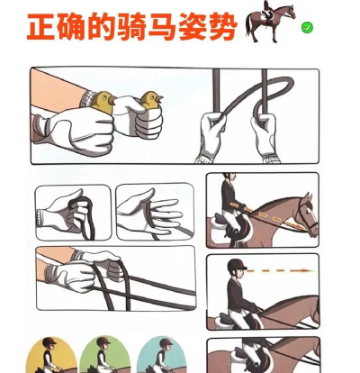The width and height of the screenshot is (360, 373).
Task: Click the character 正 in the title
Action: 41,26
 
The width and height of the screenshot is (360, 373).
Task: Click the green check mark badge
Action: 307,28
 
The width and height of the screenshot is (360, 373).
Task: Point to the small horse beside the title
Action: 270,22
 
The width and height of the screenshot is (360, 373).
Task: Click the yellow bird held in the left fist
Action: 103,101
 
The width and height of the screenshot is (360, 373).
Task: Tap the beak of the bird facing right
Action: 160,98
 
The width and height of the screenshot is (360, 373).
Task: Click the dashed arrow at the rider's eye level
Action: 281,270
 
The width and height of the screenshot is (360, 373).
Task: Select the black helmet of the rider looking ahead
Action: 237,265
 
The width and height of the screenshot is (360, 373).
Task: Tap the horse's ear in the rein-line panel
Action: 308,197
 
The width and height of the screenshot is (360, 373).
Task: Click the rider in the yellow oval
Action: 49,355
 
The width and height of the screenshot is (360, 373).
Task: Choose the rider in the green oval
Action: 103,355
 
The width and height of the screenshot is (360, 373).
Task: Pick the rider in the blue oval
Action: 163,356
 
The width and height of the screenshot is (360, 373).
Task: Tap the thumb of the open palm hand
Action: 137,199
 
